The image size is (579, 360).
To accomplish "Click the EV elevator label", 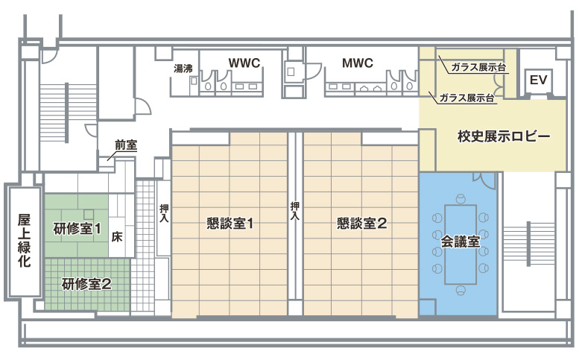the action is (538, 80).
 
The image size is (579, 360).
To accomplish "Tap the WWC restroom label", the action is (244, 63).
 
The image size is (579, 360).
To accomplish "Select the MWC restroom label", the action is (358, 63).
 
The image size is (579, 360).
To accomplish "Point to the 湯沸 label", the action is (183, 69).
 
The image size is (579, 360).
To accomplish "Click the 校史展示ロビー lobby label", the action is (504, 136).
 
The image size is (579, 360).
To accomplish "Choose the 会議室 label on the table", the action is (460, 242).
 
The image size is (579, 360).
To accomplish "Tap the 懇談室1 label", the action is (230, 224).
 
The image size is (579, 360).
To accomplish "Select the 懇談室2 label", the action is (362, 224).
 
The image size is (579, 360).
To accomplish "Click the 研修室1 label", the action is (77, 229).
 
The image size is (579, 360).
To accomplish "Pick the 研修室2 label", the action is (86, 284).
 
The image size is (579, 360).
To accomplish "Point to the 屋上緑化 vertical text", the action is (25, 241).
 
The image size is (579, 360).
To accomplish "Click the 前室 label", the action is (126, 145).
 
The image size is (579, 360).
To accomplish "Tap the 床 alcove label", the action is (117, 237).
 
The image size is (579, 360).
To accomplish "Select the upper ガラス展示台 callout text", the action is (478, 68).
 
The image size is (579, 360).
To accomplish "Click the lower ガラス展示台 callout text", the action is (466, 98).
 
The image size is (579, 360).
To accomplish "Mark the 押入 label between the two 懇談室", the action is (294, 211).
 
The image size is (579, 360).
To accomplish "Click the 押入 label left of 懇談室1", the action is (164, 213).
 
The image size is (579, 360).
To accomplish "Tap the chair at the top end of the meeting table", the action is (460, 200).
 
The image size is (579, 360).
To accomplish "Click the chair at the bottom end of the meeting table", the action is (460, 290).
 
